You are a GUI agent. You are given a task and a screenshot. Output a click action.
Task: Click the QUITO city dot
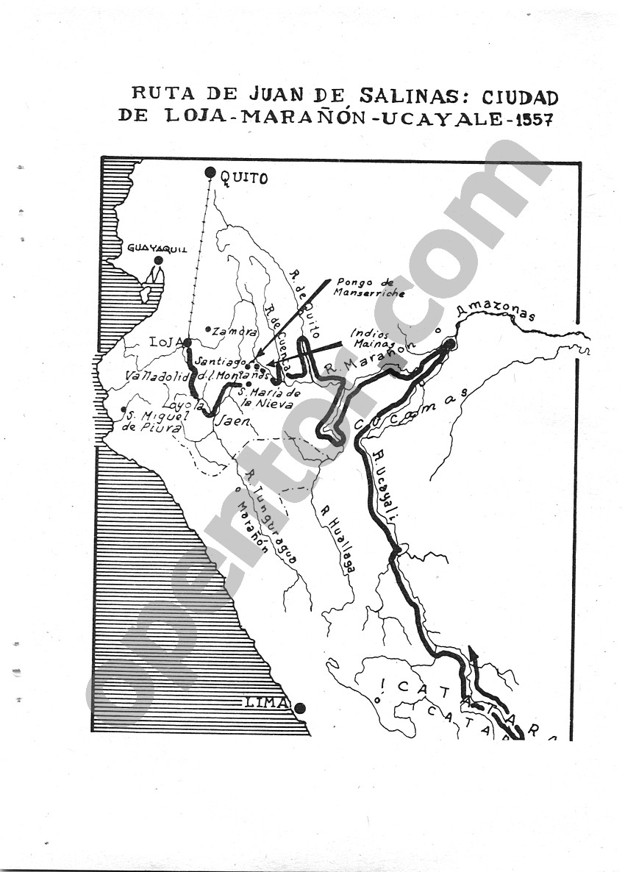coord(210,174)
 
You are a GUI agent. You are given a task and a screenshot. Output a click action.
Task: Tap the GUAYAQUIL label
coord(157,249)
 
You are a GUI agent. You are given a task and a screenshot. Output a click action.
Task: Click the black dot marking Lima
coord(301,708)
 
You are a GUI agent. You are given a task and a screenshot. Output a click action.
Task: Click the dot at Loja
coord(188,342)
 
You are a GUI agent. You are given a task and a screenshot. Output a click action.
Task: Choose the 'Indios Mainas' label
coord(374,338)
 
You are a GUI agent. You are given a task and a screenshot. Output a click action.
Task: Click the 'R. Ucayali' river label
coord(385,486)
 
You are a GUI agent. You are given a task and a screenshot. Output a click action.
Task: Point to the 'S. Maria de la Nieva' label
coord(266,399)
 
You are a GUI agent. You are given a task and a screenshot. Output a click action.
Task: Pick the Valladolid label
coord(157,376)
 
